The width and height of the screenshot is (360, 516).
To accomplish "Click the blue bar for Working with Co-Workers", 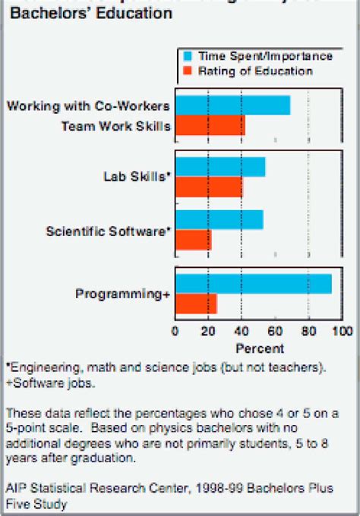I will coord(232,105).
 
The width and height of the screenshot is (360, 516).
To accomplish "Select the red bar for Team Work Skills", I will coord(210,126).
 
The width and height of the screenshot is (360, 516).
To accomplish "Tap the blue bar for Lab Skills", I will coord(220,167).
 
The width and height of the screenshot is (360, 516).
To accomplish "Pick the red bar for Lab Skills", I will coord(209,187).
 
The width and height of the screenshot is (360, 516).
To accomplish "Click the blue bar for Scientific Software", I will coord(219,220).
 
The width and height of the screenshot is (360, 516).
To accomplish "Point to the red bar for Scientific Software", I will coord(193,240).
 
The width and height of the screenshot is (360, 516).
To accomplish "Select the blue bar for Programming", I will coord(253,283).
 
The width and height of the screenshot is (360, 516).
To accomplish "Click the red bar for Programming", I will coord(196,304).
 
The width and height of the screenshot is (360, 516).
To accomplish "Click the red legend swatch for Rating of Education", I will coord(188,71).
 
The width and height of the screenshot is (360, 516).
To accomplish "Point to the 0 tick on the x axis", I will coord(175,332).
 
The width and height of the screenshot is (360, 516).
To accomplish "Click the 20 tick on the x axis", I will coord(208,332).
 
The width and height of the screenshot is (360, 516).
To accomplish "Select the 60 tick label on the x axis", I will coord(275,332).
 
